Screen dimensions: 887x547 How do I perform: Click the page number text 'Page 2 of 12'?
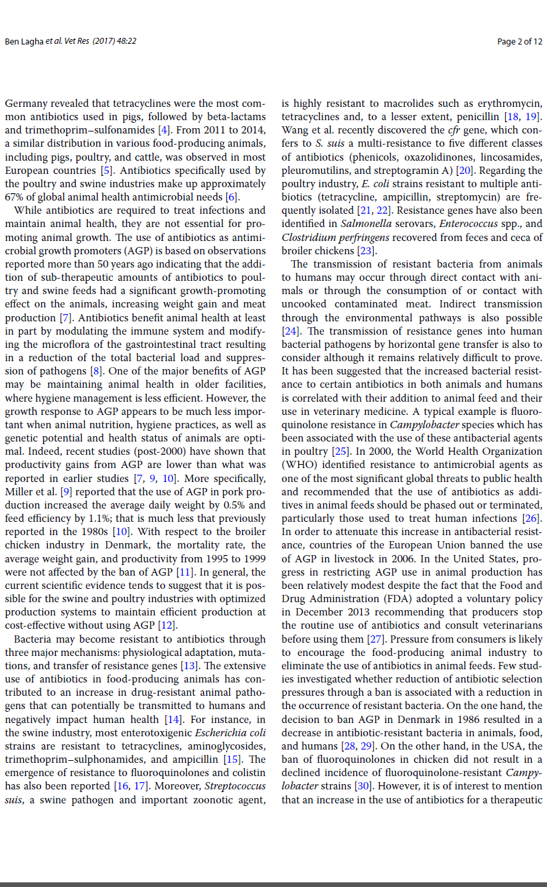(519, 42)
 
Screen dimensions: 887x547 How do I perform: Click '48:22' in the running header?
(126, 42)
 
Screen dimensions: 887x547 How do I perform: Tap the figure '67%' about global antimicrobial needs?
(15, 197)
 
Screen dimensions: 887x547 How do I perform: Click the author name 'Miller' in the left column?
(20, 492)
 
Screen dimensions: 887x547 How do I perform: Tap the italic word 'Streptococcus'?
(235, 786)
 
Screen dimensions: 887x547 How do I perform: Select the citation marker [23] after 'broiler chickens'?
(366, 251)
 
